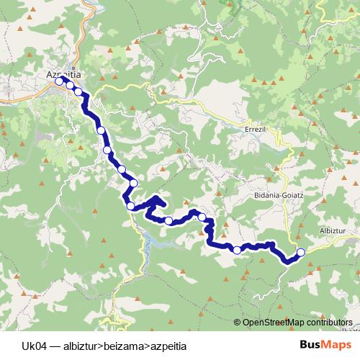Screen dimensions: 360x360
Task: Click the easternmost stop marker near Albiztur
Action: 301,252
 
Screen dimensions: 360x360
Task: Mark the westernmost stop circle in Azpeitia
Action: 60,81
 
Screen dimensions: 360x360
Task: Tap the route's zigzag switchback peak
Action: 156,197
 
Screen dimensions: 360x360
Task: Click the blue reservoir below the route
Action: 148,241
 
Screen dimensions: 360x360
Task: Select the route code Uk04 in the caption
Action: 34,346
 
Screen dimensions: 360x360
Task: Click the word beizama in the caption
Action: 124,346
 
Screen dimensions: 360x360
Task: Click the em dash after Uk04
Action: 55,346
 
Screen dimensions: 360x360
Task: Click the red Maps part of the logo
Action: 337,345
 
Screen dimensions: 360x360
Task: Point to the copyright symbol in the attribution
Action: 238,323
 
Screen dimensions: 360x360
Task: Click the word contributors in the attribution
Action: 327,323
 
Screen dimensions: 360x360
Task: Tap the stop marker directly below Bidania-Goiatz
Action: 237,250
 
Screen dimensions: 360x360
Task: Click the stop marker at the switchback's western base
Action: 130,206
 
